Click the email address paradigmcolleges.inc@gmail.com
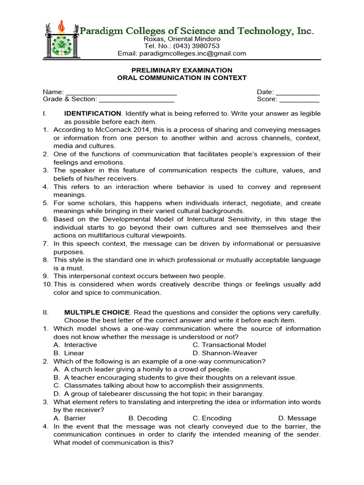tap(199, 54)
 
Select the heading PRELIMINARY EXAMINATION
tap(182, 70)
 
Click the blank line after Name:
tap(121, 92)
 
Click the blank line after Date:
tap(297, 92)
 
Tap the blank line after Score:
tap(299, 99)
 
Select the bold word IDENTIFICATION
tap(92, 114)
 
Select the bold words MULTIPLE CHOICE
tap(97, 313)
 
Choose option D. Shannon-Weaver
tap(225, 353)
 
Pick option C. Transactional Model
tap(229, 345)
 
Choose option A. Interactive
tap(75, 345)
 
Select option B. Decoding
tap(148, 418)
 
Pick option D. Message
tap(297, 418)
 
